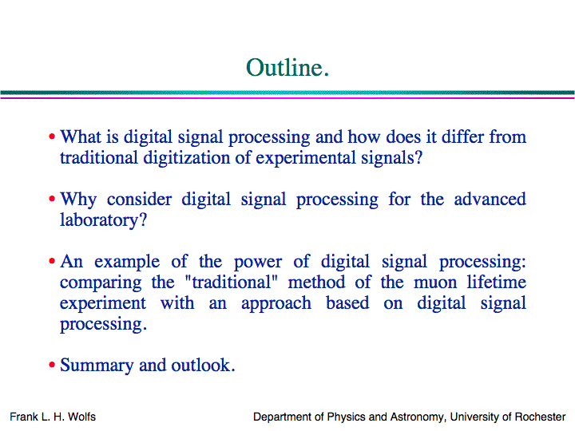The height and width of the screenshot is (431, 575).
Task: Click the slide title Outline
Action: point(287,68)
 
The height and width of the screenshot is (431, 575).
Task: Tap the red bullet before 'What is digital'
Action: point(52,136)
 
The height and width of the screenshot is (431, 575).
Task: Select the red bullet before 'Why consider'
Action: point(52,199)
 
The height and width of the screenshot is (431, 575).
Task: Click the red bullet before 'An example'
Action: point(52,261)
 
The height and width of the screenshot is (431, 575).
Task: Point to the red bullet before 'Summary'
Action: point(52,365)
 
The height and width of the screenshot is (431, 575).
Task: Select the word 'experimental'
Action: point(305,158)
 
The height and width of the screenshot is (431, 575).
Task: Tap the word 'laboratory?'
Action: point(103,220)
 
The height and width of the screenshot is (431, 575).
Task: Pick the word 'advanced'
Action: point(490,199)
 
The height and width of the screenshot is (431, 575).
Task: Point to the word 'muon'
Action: point(435,283)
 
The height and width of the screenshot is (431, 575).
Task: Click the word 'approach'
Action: point(276,304)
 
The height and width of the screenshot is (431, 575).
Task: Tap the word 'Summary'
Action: point(97,366)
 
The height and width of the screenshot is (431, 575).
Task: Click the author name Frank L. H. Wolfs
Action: point(53,417)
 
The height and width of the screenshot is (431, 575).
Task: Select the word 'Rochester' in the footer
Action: point(540,417)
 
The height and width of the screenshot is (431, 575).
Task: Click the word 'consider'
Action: point(139,199)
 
